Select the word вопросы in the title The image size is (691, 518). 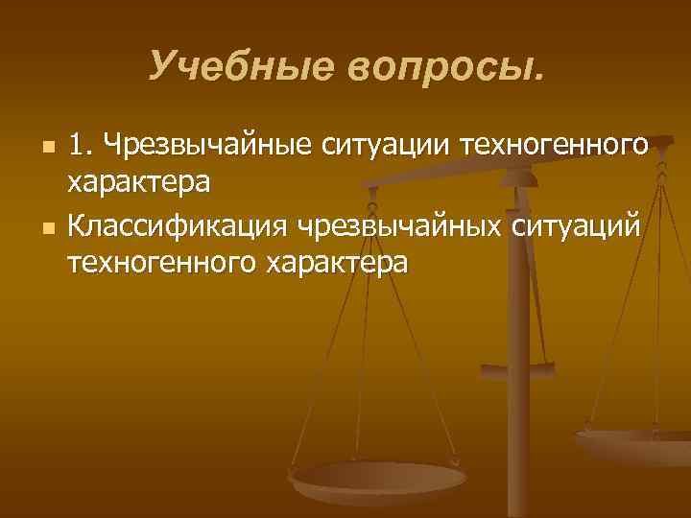(x=439, y=67)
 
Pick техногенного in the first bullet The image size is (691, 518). (x=556, y=147)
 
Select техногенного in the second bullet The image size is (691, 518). (x=162, y=261)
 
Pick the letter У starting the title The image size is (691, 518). (x=162, y=66)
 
